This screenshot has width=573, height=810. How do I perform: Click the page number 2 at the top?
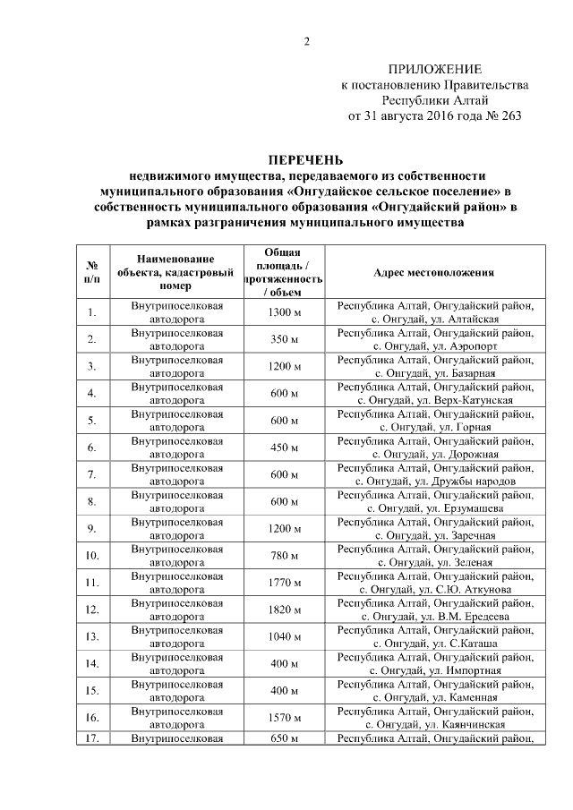point(305,41)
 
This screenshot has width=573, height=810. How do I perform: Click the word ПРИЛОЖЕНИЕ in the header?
point(434,70)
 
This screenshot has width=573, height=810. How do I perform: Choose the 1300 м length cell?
point(284,312)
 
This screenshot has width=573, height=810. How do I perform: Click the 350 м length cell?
point(284,339)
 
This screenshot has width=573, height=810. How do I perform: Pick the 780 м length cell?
point(284,556)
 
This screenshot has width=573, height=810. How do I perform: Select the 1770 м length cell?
point(284,583)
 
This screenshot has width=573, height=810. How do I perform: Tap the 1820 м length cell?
point(284,610)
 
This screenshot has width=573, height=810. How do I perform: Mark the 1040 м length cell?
point(284,636)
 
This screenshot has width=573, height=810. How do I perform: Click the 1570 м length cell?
point(284,718)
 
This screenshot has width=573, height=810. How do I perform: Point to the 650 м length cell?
point(284,738)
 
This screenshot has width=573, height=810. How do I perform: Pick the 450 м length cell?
point(284,448)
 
